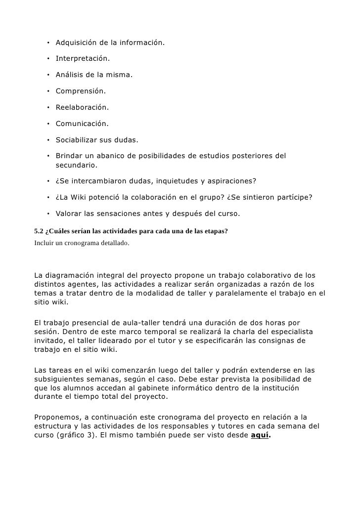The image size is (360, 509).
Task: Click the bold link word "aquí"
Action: [x=260, y=434]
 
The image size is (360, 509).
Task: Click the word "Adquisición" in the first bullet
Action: [x=78, y=43]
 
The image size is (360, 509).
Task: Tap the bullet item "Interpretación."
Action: [x=83, y=59]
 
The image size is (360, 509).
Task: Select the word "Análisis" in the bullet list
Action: [x=71, y=76]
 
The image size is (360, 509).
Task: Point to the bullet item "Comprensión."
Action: [x=80, y=92]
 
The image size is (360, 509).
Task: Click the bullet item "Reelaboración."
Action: [x=82, y=108]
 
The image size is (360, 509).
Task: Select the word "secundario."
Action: [x=77, y=165]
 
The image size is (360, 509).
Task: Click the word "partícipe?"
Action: [x=293, y=198]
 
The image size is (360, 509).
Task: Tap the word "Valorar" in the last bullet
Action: [x=70, y=214]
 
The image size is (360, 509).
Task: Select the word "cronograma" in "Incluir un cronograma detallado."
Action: [x=81, y=243]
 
